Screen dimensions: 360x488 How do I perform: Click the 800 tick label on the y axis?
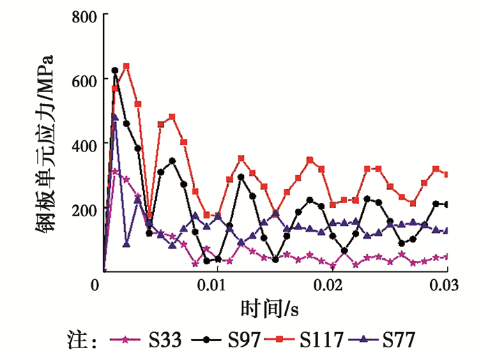85,15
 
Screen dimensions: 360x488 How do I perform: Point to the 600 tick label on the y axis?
85,80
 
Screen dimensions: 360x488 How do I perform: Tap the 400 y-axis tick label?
85,144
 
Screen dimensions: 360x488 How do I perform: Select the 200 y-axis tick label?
85,209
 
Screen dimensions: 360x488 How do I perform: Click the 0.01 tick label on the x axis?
213,286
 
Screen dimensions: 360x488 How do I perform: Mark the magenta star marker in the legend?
125,340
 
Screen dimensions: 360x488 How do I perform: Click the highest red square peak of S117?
126,66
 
